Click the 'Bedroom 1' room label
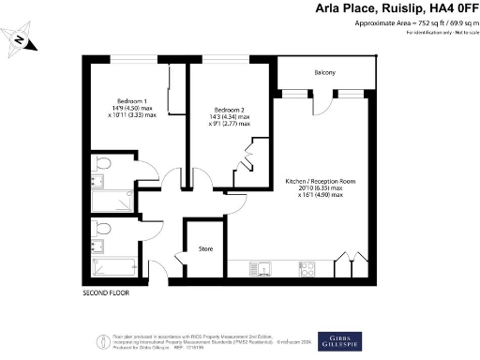point(131,100)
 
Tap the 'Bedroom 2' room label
point(230,108)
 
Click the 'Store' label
point(206,249)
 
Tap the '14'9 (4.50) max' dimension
point(131,110)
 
